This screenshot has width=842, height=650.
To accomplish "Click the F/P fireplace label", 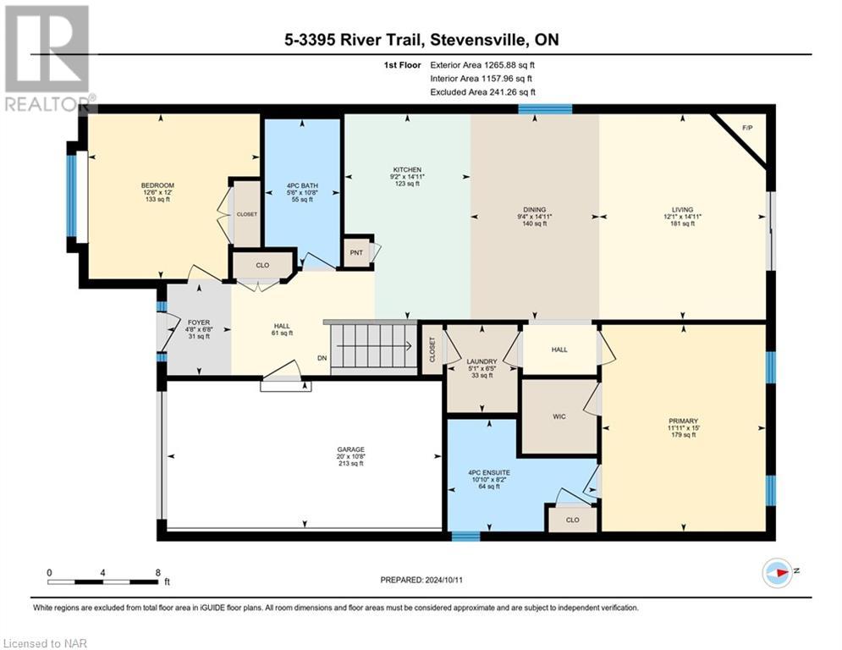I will pos(747,128).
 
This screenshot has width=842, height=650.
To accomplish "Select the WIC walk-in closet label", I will pos(559,416).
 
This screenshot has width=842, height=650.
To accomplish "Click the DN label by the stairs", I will pos(322,358).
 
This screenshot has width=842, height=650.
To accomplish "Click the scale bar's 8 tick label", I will pos(158,572).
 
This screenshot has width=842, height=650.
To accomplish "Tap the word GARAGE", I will pos(350,449).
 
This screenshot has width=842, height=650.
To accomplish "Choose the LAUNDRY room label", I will pos(482,361).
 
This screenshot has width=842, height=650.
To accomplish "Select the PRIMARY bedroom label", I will pos(682,421).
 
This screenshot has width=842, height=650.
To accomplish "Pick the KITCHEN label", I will pos(407,169).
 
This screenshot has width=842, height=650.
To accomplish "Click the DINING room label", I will pos(534,209).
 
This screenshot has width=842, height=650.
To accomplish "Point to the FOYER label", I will pos(197,322).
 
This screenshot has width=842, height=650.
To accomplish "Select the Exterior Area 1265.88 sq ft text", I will pos(482,63).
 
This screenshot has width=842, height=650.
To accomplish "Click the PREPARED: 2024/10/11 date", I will pos(421,580).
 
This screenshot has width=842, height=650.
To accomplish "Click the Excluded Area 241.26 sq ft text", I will pos(482,91).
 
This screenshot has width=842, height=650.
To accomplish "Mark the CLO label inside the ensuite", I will pos(573,520).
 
